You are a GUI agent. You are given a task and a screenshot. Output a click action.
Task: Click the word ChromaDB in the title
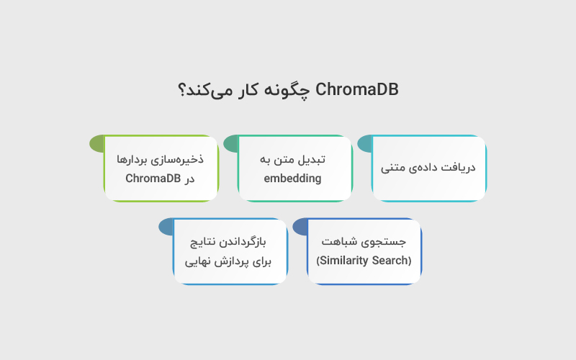pyautogui.click(x=357, y=90)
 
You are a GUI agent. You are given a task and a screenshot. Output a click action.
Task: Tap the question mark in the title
pyautogui.click(x=184, y=91)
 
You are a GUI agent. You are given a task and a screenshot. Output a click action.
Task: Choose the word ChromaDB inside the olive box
pyautogui.click(x=153, y=179)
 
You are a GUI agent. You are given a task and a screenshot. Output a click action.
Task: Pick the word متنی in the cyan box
pyautogui.click(x=395, y=168)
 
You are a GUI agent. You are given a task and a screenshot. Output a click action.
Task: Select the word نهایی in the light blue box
pyautogui.click(x=199, y=261)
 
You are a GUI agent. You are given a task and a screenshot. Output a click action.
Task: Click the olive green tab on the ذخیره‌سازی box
pyautogui.click(x=97, y=144)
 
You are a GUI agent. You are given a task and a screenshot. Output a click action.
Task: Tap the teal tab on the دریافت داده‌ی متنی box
pyautogui.click(x=365, y=144)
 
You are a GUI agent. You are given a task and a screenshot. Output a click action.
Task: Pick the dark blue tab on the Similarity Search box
pyautogui.click(x=301, y=227)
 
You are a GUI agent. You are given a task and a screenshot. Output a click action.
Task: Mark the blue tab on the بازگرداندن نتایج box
pyautogui.click(x=166, y=227)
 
